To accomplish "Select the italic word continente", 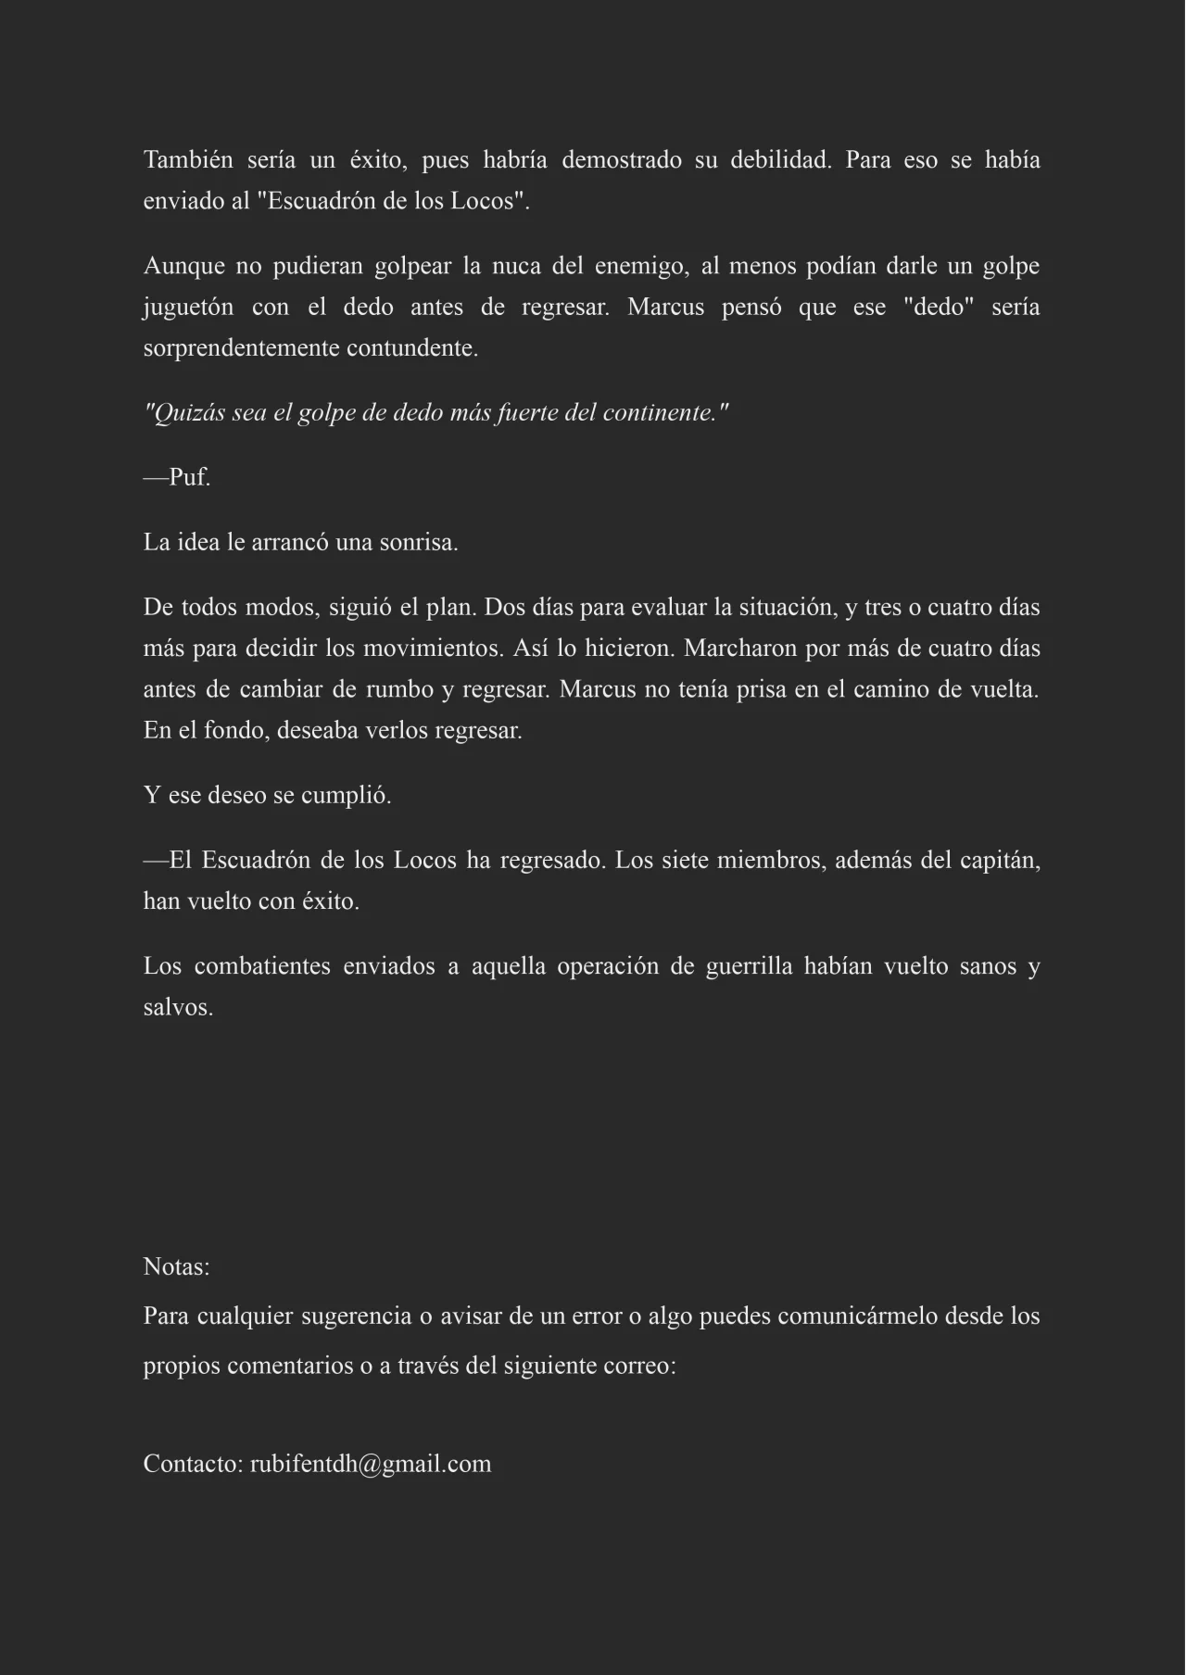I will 665,413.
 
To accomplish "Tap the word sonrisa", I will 418,543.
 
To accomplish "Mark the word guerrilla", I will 749,966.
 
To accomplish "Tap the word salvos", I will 178,1008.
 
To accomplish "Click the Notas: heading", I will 176,1267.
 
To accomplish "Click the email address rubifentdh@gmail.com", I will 371,1465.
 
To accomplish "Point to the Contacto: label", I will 193,1465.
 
